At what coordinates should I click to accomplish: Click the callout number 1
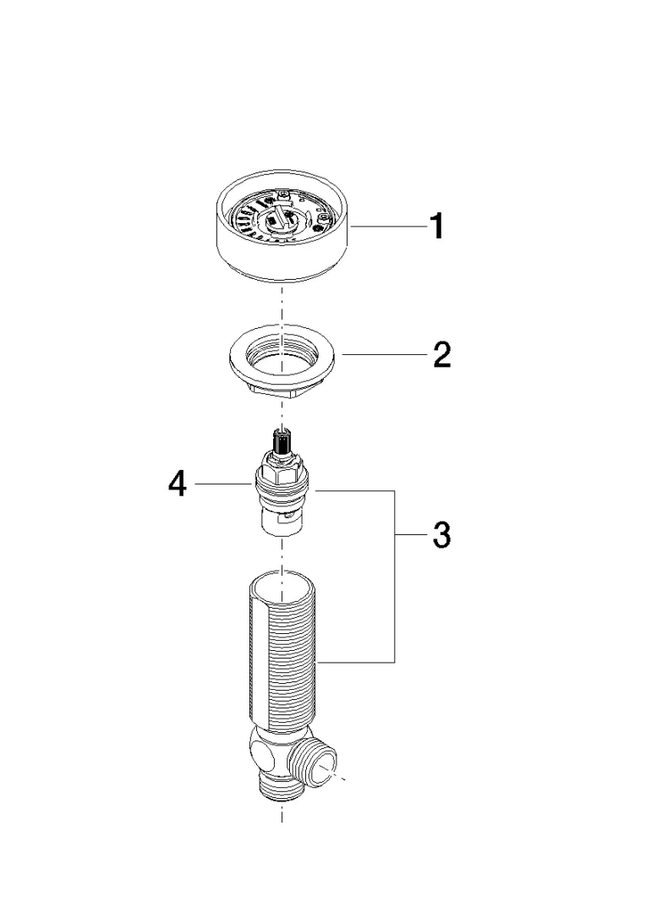[437, 227]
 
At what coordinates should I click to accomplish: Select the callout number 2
[442, 354]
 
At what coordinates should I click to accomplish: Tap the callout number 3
[442, 534]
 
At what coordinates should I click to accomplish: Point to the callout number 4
[178, 484]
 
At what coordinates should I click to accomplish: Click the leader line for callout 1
[386, 227]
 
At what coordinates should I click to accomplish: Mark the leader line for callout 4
[224, 484]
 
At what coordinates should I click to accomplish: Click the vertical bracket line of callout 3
[395, 577]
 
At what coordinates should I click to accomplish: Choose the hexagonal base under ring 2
[282, 389]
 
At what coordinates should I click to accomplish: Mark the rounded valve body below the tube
[271, 753]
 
